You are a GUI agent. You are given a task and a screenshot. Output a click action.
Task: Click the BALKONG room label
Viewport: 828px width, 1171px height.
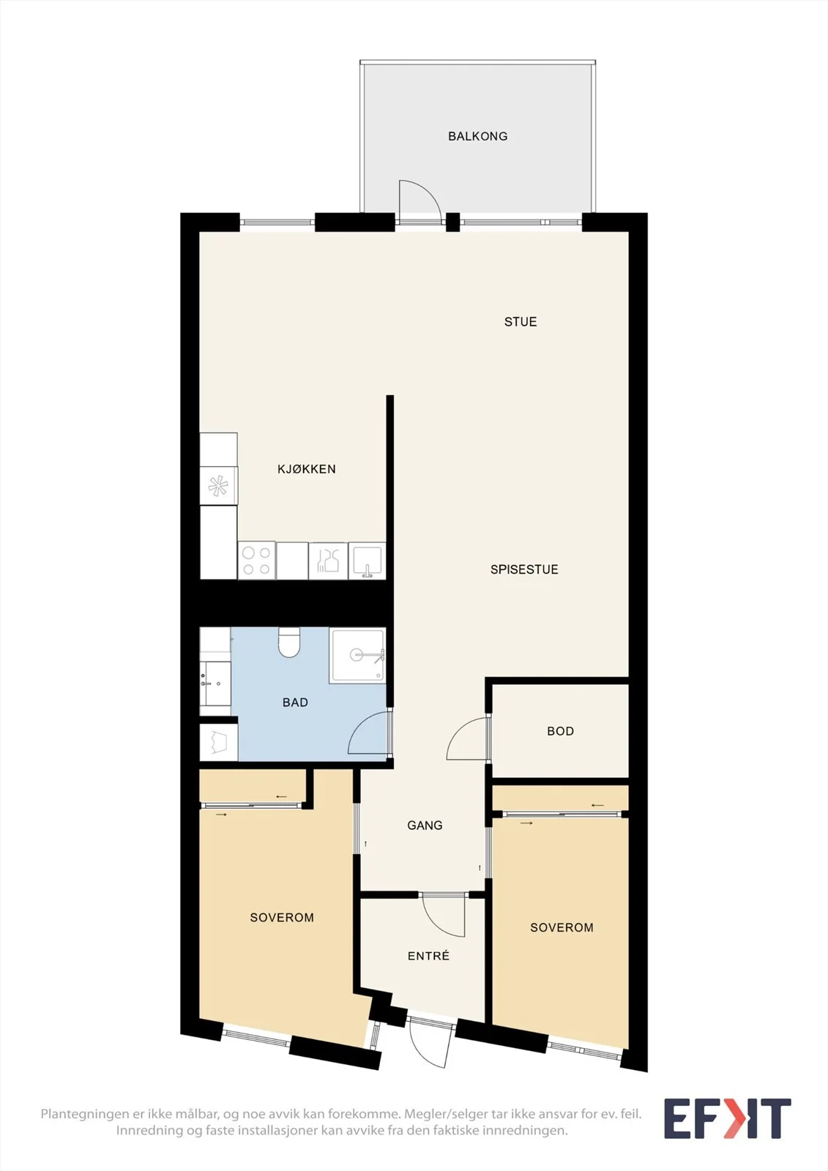[477, 136]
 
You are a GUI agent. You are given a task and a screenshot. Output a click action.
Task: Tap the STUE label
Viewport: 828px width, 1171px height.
[521, 322]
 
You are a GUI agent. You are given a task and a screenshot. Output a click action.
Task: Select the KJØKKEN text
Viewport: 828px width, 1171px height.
[307, 469]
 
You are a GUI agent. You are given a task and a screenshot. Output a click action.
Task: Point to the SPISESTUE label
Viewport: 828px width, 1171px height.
[524, 569]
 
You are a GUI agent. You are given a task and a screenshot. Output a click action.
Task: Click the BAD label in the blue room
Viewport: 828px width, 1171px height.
[295, 703]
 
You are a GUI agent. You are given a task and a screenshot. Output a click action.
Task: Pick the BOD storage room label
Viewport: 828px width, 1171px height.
[560, 731]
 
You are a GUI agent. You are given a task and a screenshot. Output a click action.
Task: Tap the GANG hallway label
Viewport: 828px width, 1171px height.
[425, 826]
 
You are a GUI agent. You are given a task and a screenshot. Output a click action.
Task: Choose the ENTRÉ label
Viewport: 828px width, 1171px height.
[428, 956]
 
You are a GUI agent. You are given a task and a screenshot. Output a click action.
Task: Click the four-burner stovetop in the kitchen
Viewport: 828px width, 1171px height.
[257, 561]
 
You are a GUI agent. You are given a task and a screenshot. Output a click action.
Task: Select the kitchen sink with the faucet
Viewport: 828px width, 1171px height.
[368, 561]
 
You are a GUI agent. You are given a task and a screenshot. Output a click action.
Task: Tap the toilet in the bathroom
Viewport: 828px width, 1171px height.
[288, 643]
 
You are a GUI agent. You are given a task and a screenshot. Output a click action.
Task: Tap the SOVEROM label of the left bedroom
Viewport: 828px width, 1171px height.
[282, 918]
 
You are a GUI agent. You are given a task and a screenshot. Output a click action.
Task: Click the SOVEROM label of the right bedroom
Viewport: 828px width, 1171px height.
[562, 927]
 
